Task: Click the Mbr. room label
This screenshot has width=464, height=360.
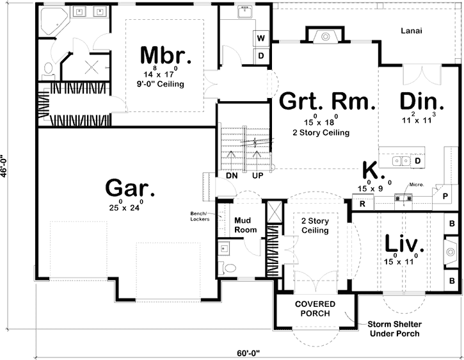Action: [166, 55]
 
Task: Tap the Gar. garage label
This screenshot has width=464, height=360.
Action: [130, 188]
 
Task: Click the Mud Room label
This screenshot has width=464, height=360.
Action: [245, 224]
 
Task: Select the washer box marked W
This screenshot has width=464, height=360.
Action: [261, 38]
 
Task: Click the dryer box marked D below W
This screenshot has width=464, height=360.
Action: [261, 55]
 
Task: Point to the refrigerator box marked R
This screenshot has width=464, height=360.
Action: [362, 204]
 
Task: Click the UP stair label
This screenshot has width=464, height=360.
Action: [258, 175]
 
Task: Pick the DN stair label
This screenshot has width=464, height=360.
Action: [231, 175]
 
